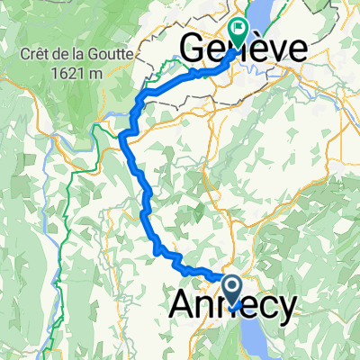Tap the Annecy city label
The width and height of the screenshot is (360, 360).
[231, 308]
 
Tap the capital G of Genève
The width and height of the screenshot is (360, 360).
[194, 50]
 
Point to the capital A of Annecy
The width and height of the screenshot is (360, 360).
[180, 308]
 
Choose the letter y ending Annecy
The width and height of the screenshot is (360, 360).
[283, 310]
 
